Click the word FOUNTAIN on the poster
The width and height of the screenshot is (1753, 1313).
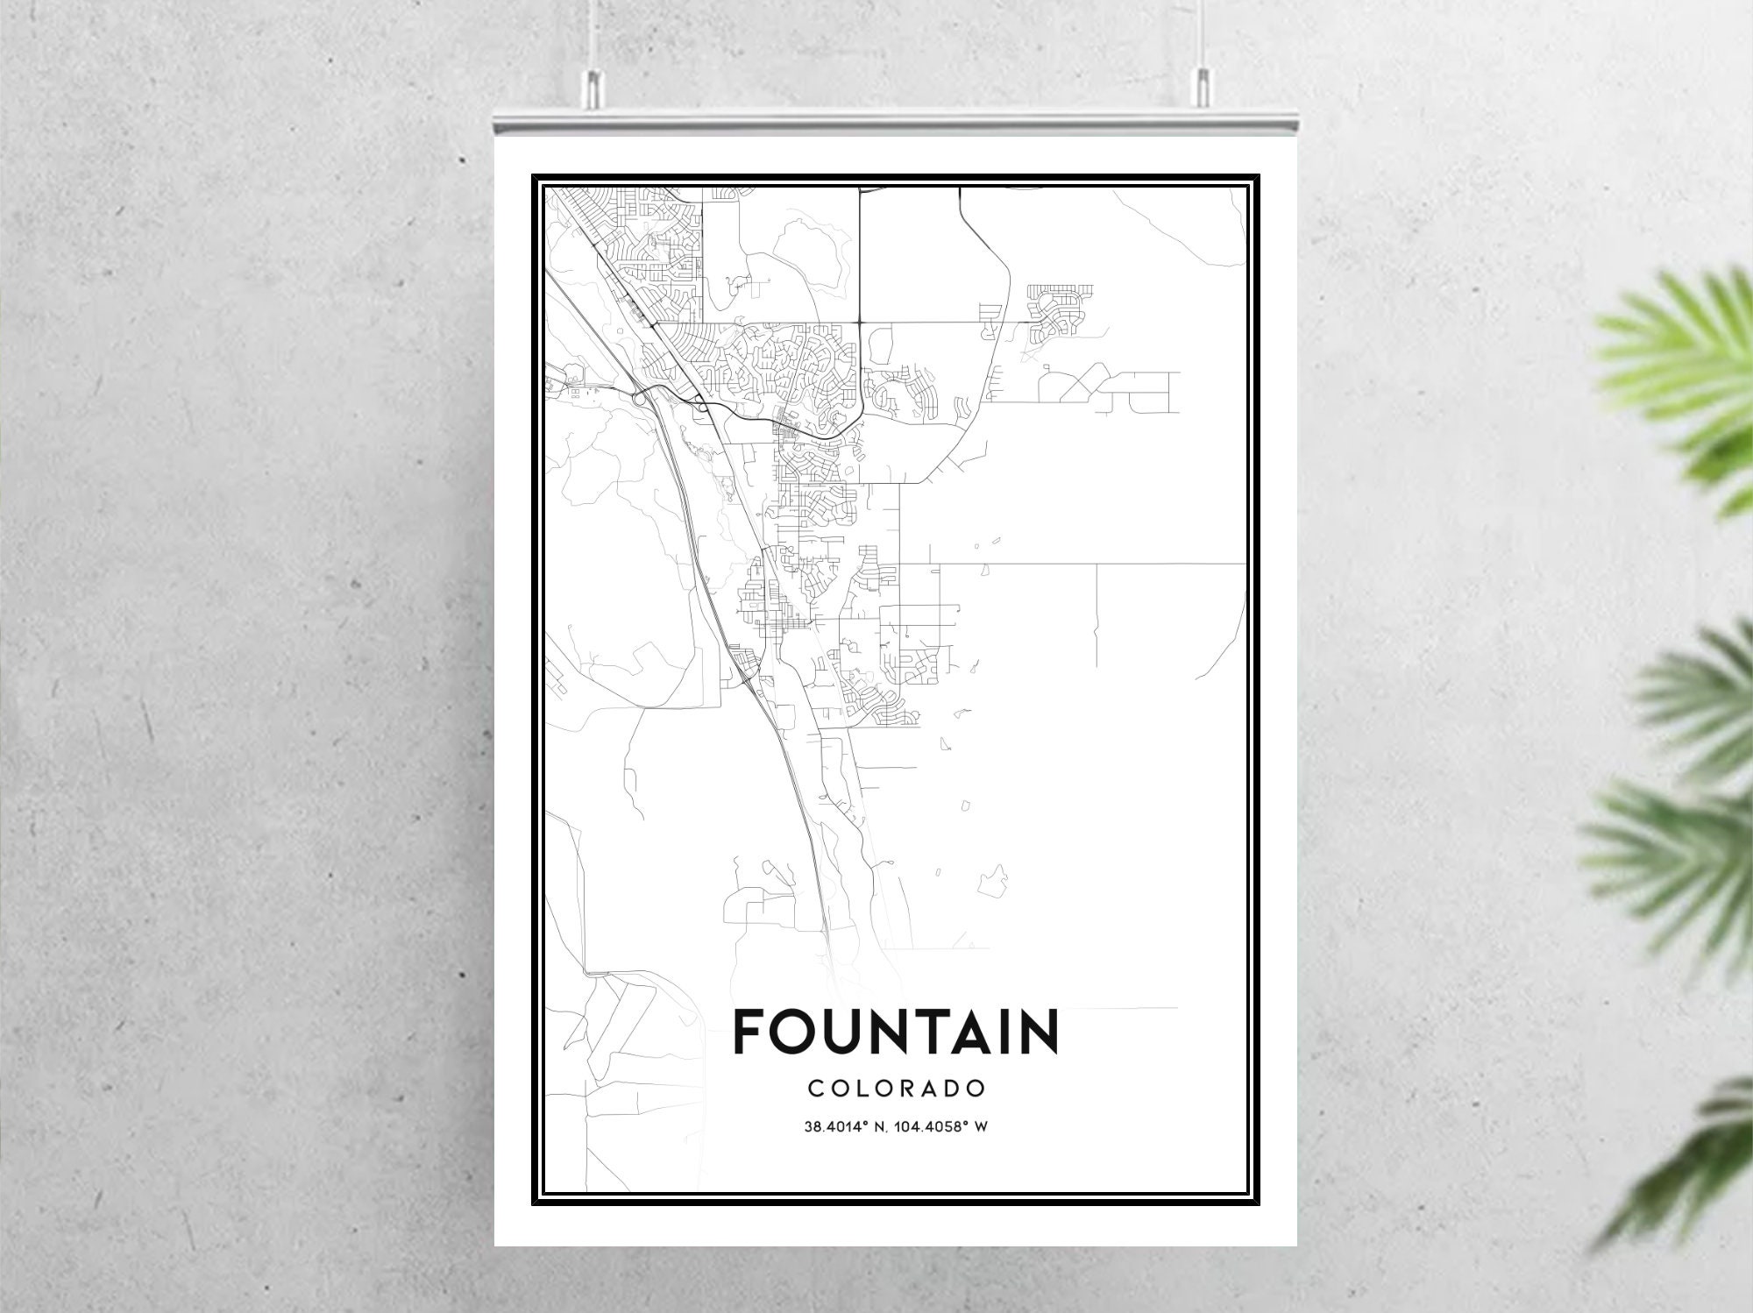point(895,1032)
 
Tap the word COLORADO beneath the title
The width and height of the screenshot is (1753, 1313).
point(897,1089)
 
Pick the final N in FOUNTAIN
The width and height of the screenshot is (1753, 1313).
point(1040,1032)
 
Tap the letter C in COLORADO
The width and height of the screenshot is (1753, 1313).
point(815,1089)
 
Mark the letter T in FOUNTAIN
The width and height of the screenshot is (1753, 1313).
point(918,1032)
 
